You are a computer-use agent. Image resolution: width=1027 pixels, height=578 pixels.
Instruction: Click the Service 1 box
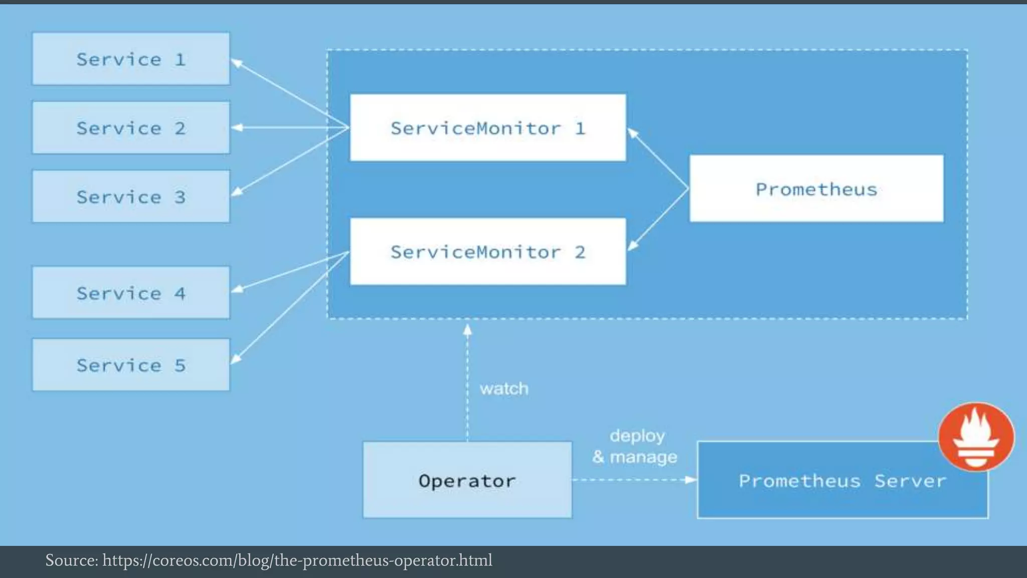(x=131, y=59)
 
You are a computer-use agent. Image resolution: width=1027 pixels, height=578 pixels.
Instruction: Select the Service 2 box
(x=131, y=128)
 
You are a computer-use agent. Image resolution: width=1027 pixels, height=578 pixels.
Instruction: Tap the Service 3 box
(x=131, y=197)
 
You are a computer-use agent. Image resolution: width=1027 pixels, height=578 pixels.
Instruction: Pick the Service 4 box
(x=131, y=293)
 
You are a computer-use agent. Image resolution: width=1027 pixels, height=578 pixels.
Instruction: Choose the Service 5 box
(x=131, y=365)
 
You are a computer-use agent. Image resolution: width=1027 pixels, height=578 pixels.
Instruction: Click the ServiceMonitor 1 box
(x=487, y=128)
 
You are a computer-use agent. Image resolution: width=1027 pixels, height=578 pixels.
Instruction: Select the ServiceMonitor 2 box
(x=487, y=252)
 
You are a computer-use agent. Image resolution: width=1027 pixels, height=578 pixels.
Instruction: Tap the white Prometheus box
(x=816, y=189)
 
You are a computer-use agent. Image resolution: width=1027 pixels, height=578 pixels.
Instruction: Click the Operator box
(x=467, y=480)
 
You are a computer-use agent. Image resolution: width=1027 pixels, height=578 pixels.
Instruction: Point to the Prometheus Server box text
(x=842, y=481)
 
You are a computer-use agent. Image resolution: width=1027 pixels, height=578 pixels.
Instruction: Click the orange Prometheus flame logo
(x=976, y=437)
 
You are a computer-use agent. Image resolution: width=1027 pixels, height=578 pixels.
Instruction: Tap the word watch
(x=503, y=388)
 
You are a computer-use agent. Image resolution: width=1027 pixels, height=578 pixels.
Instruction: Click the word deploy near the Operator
(x=637, y=436)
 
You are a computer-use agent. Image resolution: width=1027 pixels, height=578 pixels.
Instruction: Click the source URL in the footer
(x=297, y=560)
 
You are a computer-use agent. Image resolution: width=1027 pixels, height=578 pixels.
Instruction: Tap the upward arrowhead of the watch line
(x=467, y=330)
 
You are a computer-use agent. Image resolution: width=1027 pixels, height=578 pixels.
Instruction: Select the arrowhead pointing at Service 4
(x=237, y=289)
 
